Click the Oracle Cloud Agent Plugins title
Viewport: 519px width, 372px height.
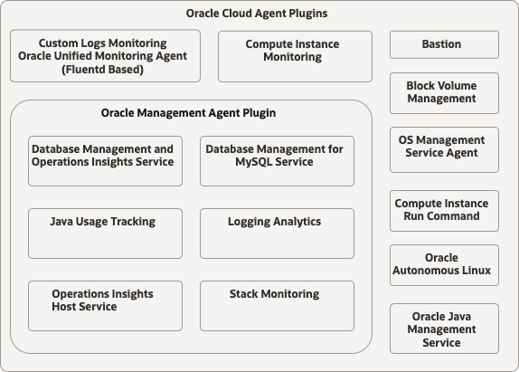tap(257, 14)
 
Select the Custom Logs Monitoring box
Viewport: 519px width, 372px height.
tap(105, 56)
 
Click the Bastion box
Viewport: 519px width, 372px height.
tap(443, 44)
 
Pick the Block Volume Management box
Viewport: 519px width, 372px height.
tap(443, 92)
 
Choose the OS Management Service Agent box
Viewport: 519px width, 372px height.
tap(443, 148)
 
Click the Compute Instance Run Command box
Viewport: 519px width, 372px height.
tap(443, 210)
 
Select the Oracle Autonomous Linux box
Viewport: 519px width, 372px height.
tap(443, 264)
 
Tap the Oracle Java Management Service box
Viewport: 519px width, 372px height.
tap(443, 329)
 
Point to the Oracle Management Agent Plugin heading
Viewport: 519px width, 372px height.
tap(189, 113)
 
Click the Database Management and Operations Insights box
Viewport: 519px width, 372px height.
tap(105, 161)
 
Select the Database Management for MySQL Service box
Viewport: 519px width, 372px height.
tap(277, 161)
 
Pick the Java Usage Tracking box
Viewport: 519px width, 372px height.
tap(105, 233)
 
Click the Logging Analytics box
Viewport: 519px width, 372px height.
tap(277, 233)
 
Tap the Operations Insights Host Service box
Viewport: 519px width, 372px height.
tap(105, 305)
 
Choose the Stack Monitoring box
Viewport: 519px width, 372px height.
tap(277, 305)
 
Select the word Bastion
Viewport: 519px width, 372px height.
tap(441, 44)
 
